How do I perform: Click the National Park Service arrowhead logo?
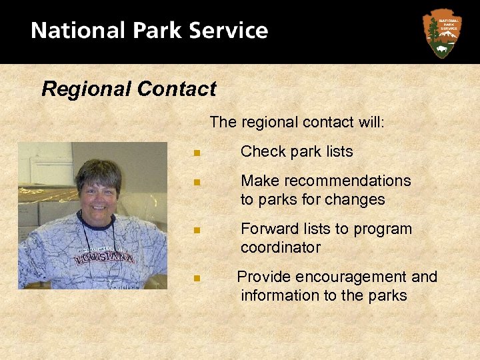click(441, 32)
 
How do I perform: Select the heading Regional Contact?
click(129, 89)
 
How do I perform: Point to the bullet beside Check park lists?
click(196, 153)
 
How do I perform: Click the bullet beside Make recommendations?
click(196, 182)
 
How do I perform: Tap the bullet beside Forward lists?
click(196, 230)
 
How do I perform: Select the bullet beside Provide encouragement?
click(196, 278)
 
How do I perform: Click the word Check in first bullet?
click(262, 152)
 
